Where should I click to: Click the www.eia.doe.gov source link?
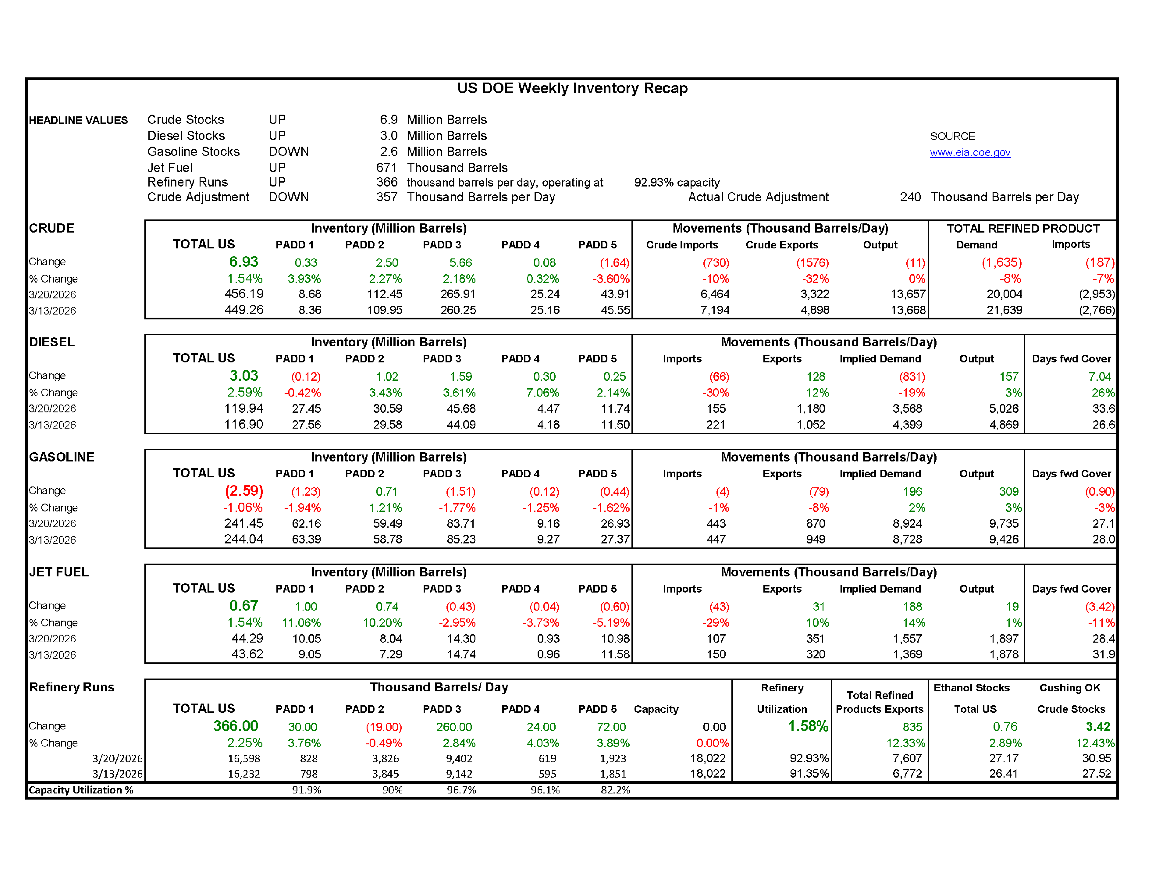(969, 152)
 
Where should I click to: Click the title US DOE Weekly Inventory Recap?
(572, 88)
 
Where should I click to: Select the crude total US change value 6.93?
(244, 262)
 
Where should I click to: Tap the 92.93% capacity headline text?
(677, 182)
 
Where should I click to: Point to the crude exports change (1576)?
(812, 263)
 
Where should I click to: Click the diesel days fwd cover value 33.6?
(1103, 409)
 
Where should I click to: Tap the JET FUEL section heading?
(59, 572)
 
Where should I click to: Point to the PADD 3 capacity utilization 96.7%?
(461, 790)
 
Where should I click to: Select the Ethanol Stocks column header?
(971, 688)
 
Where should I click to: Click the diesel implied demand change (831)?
(912, 377)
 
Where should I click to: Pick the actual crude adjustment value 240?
(910, 197)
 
